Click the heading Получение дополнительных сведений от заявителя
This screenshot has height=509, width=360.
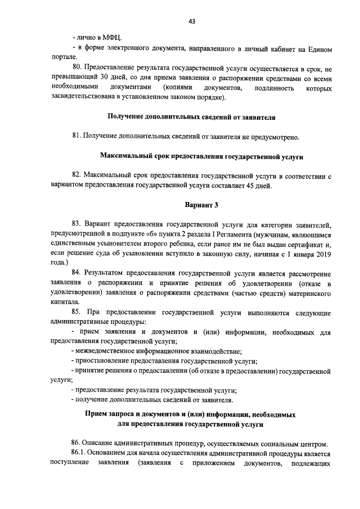tap(191, 117)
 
